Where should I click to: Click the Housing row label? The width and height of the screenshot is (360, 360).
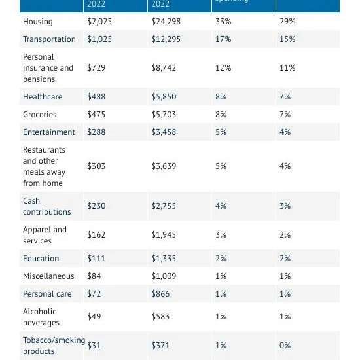pyautogui.click(x=37, y=22)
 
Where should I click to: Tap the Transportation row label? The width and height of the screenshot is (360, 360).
pyautogui.click(x=49, y=39)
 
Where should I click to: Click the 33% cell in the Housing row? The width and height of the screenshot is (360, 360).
pyautogui.click(x=223, y=22)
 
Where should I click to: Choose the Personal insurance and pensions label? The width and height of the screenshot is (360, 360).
pyautogui.click(x=48, y=68)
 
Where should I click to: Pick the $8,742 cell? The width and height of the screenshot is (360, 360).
pyautogui.click(x=164, y=68)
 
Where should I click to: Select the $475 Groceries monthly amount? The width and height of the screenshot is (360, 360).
pyautogui.click(x=96, y=115)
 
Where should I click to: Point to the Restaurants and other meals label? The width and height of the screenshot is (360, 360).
pyautogui.click(x=44, y=166)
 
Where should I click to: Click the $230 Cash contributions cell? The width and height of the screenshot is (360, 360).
pyautogui.click(x=96, y=206)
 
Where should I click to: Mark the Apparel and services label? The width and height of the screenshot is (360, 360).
pyautogui.click(x=45, y=235)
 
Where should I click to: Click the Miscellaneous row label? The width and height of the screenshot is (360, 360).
pyautogui.click(x=48, y=276)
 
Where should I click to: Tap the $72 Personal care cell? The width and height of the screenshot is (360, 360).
pyautogui.click(x=94, y=294)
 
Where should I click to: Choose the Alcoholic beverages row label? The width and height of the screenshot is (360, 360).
pyautogui.click(x=41, y=317)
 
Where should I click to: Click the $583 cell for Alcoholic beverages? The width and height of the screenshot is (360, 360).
pyautogui.click(x=160, y=317)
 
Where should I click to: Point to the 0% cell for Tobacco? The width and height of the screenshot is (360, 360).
pyautogui.click(x=285, y=346)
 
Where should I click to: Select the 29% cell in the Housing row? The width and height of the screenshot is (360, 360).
pyautogui.click(x=287, y=22)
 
